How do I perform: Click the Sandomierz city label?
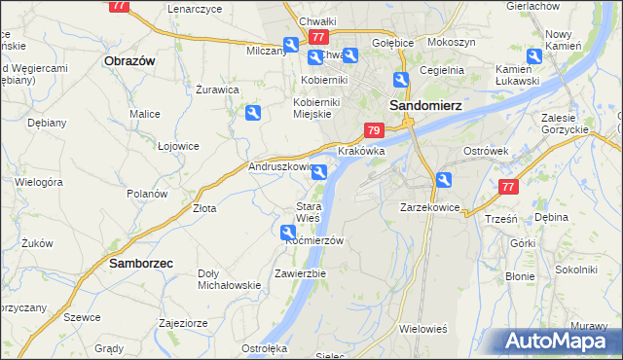coord(424,104)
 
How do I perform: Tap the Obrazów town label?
coord(129,60)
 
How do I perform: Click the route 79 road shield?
coord(374,130)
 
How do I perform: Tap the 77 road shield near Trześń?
coord(506,188)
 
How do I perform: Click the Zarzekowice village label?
coord(429,207)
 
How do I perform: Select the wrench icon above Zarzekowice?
coord(444,179)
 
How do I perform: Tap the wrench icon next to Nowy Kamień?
coord(535,58)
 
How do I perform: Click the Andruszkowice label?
coord(283,166)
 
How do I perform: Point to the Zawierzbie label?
coord(300,273)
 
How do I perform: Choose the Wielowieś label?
coord(422,329)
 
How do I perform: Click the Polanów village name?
coord(147,194)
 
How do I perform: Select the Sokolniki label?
coord(574,269)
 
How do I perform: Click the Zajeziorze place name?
coord(183,322)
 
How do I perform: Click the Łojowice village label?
coord(178,146)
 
